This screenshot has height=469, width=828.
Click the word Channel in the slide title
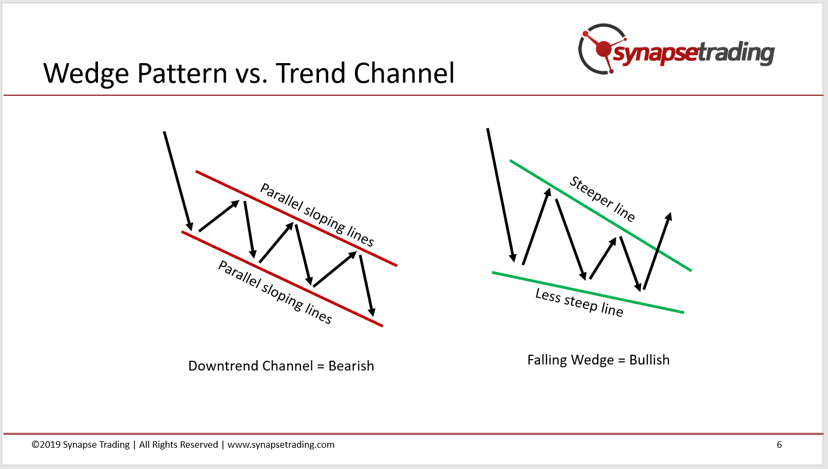(404, 73)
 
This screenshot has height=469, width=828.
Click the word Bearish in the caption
(351, 366)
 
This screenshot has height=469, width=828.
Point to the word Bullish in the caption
(649, 360)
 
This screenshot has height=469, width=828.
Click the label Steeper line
(602, 199)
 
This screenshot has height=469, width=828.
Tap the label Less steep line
(579, 303)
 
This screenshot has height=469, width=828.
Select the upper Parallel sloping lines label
(317, 215)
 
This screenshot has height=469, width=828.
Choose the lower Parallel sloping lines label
(275, 292)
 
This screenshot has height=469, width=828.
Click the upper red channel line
(297, 218)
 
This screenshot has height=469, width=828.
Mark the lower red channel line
(282, 279)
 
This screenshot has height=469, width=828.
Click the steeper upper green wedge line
(600, 215)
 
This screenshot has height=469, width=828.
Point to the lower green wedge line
(588, 293)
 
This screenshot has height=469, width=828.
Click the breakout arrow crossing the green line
(657, 251)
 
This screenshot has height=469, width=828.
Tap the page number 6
(779, 445)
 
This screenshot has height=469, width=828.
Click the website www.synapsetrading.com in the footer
(281, 445)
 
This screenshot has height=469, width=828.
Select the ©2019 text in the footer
(46, 445)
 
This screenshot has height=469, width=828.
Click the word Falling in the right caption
(547, 360)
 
